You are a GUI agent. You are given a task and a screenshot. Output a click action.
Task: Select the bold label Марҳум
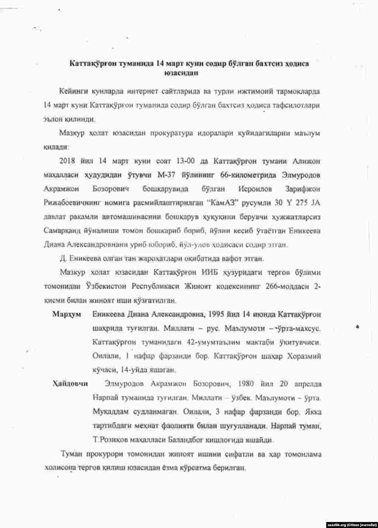click(66, 315)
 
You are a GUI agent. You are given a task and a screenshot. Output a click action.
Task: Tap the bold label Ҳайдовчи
click(70, 384)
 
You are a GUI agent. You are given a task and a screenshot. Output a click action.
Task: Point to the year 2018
click(67, 161)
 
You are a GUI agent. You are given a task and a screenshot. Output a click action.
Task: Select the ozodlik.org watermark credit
click(352, 524)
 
